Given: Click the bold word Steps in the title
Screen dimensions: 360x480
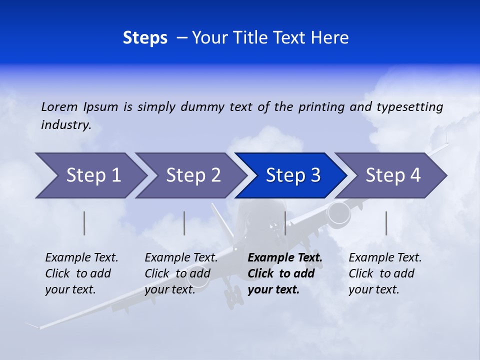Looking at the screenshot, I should click(x=145, y=37).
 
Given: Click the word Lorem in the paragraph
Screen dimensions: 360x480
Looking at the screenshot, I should click(x=59, y=106).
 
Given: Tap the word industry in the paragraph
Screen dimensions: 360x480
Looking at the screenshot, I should click(x=66, y=124).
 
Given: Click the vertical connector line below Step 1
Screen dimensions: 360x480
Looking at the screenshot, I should click(x=84, y=223).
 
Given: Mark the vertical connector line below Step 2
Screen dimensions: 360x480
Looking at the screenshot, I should click(x=184, y=223).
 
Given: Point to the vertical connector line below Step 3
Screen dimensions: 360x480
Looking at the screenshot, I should click(x=285, y=223).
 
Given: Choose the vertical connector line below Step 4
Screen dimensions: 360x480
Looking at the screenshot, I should click(x=386, y=223).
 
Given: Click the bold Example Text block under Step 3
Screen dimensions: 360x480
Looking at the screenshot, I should click(x=285, y=273).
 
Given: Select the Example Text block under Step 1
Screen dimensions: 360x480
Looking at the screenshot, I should click(x=81, y=273).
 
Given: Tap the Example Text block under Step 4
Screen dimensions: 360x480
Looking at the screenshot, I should click(x=385, y=273).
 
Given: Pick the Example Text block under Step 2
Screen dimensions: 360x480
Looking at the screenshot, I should click(x=181, y=273).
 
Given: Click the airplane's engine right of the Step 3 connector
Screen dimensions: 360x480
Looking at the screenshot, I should click(x=338, y=212).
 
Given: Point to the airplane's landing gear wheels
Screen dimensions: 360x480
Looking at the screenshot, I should click(x=232, y=296).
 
